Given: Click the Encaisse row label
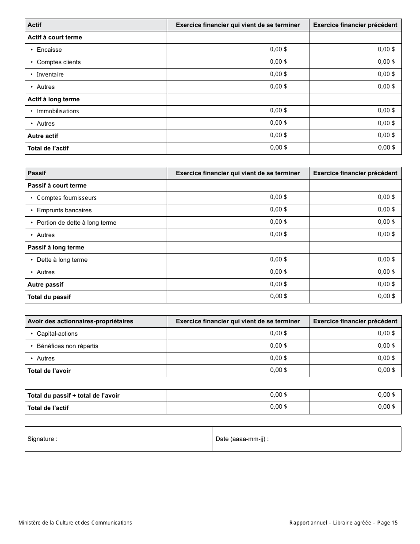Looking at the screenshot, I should tap(49, 50).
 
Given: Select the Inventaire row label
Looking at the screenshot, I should tap(50, 75).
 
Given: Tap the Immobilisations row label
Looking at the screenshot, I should tap(57, 111).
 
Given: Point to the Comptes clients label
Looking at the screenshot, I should tap(58, 62).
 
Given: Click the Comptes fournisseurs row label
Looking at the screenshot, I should tap(66, 198).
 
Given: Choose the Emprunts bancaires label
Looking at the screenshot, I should tap(64, 211).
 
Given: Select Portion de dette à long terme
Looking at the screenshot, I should tap(76, 223).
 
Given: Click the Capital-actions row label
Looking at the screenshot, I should tap(57, 334).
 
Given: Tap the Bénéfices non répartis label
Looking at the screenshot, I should tap(67, 346).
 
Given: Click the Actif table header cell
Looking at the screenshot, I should tap(34, 25).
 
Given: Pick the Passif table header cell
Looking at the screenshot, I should tap(37, 173).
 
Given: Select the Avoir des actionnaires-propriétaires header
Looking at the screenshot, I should tap(80, 322).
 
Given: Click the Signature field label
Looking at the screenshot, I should tap(42, 439).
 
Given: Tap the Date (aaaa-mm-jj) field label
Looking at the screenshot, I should tap(242, 439).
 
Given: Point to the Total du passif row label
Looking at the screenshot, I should tap(49, 297).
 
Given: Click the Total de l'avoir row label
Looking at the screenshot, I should tap(49, 371).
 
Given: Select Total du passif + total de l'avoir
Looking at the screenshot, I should tap(73, 396).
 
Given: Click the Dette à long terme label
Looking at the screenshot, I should tap(62, 260).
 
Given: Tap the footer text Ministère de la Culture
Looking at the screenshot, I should tap(75, 523).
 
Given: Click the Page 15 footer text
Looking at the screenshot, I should tap(388, 523).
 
